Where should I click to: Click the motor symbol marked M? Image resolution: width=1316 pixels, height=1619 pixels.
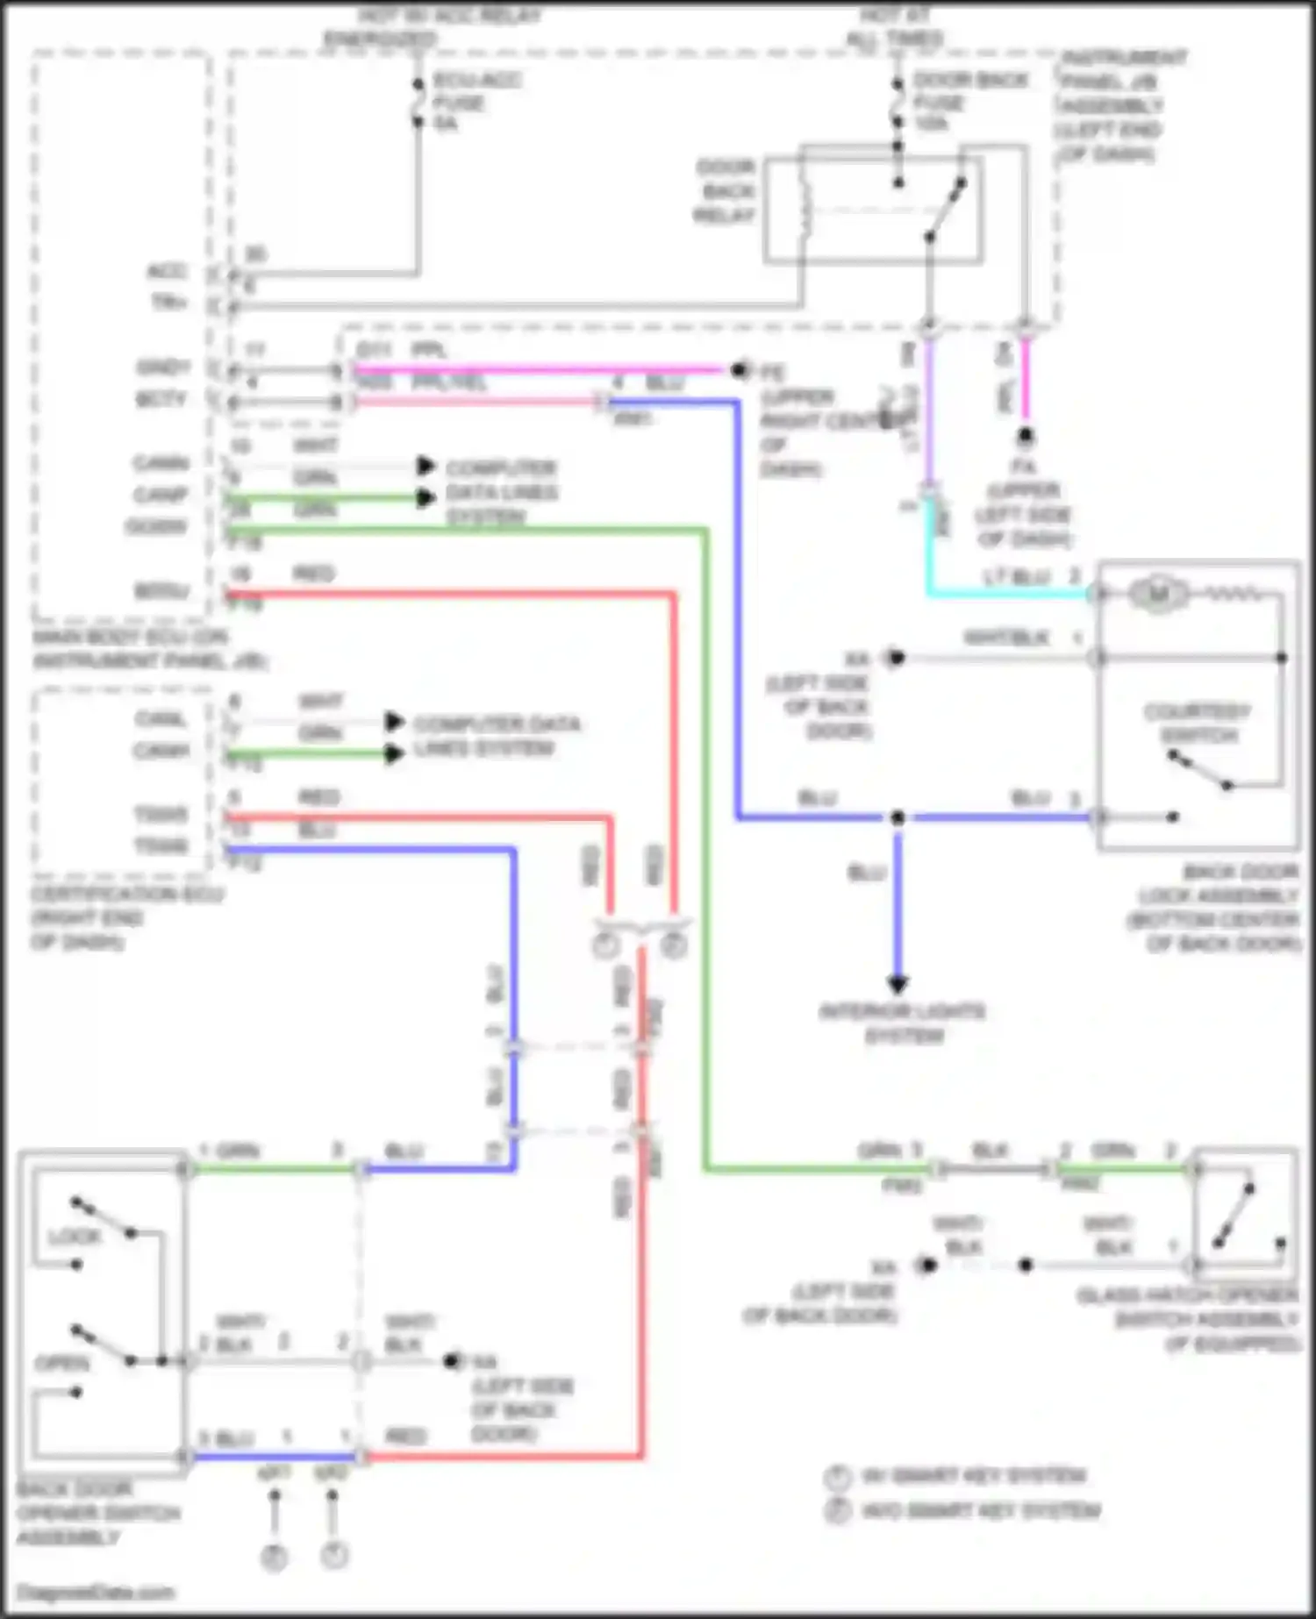pyautogui.click(x=1158, y=595)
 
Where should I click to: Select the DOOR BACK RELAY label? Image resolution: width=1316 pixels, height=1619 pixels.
pyautogui.click(x=726, y=191)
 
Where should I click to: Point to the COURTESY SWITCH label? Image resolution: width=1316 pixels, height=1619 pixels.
pyautogui.click(x=1198, y=723)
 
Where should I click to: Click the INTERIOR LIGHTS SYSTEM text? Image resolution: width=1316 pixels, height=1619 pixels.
pyautogui.click(x=902, y=1023)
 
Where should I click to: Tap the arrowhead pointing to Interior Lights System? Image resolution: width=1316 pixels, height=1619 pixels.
pyautogui.click(x=898, y=983)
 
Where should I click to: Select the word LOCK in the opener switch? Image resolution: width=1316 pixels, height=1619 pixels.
pyautogui.click(x=75, y=1237)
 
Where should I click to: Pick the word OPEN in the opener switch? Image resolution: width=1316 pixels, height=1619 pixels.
pyautogui.click(x=61, y=1364)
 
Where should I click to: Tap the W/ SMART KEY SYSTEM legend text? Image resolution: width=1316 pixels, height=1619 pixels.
pyautogui.click(x=974, y=1477)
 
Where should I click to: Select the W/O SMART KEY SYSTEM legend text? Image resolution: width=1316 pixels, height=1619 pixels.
pyautogui.click(x=981, y=1511)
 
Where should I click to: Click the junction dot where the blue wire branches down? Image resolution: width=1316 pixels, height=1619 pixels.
pyautogui.click(x=898, y=817)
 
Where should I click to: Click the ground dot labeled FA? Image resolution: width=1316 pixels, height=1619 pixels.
pyautogui.click(x=1025, y=436)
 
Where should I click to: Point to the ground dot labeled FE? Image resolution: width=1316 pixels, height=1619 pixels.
pyautogui.click(x=740, y=370)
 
